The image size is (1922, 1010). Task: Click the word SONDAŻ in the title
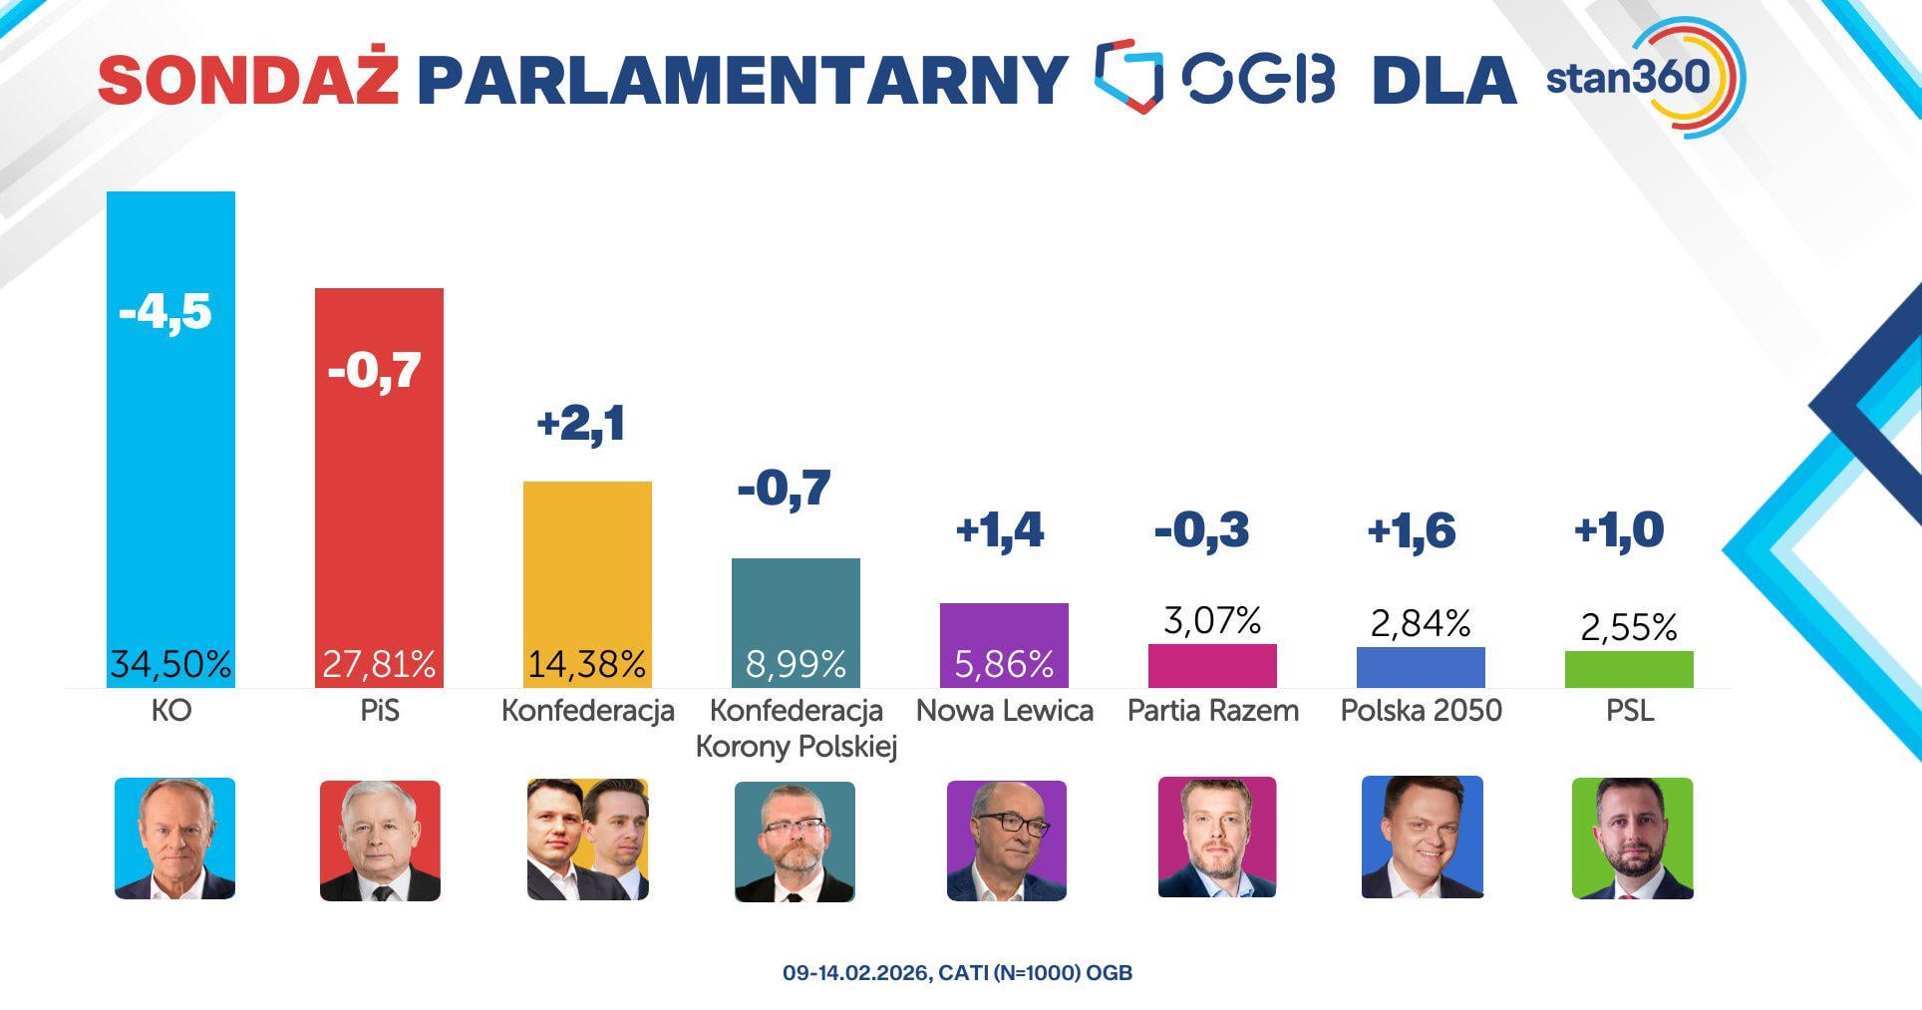point(248,80)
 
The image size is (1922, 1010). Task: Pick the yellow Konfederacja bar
point(587,568)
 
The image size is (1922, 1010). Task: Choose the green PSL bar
point(1629,669)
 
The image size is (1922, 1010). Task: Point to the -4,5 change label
point(165,311)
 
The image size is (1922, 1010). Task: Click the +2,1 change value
point(581,423)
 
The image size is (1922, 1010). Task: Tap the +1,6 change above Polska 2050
point(1412,530)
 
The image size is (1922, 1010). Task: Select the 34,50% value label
point(170,664)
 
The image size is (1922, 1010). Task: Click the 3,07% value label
point(1212,621)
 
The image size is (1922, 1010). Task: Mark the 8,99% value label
point(796,664)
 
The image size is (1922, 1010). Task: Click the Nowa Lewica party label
point(1004,711)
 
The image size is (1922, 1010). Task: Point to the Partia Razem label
point(1212,711)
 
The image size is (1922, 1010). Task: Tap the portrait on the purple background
point(1006,841)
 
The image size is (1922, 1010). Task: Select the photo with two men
point(587,840)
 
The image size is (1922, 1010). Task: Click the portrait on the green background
point(1632,839)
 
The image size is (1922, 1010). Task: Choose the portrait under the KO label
point(174,839)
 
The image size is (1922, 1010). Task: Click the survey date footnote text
point(957,973)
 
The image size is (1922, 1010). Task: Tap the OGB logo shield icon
point(1129,76)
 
